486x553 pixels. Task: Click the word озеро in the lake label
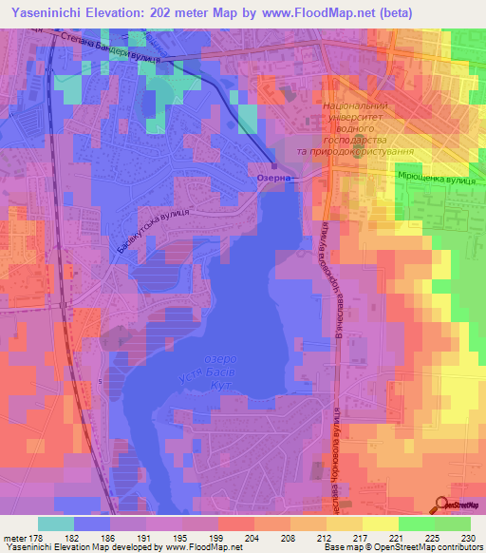click(221, 358)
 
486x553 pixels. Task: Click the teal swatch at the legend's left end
click(56, 524)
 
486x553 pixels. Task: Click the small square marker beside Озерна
click(273, 165)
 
